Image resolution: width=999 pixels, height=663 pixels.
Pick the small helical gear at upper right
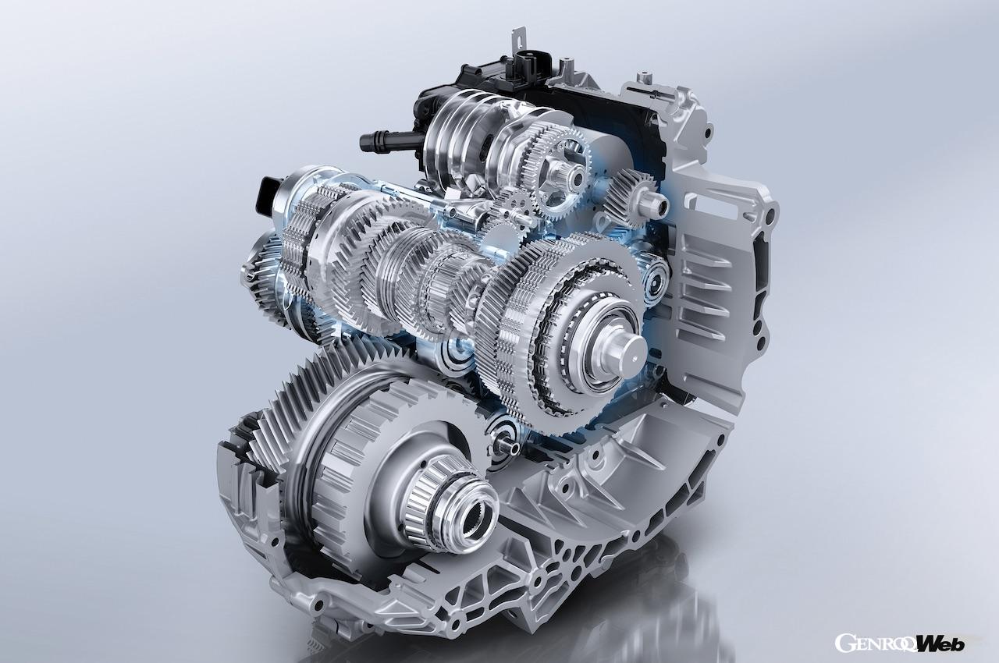[x=630, y=193]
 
